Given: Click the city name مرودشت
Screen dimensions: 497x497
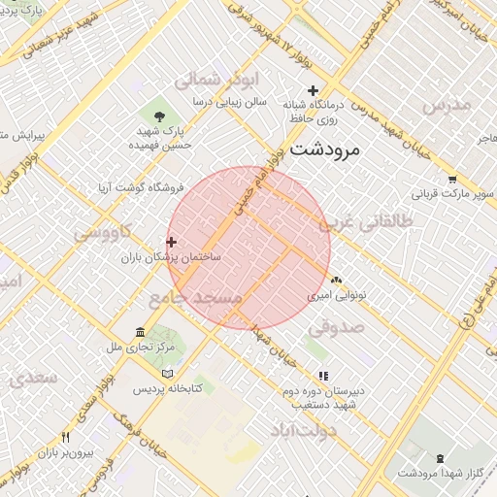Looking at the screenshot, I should pos(325,149).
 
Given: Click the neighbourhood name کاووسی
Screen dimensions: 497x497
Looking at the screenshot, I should pos(104,233).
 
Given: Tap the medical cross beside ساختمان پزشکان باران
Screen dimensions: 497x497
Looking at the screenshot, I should pos(172,242).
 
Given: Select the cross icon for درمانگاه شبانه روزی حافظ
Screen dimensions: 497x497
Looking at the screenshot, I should pos(313,90).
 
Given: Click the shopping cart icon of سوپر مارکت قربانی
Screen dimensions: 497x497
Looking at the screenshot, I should pos(452,179).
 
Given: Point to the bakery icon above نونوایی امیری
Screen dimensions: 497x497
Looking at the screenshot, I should pos(336,280).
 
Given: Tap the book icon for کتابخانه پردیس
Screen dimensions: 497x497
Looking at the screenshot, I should pos(168,374).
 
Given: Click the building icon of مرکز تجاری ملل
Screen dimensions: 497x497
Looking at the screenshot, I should pos(141,332).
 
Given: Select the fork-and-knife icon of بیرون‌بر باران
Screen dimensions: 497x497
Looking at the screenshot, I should pos(65,438).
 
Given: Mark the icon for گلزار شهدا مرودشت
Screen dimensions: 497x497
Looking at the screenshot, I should pos(441,458).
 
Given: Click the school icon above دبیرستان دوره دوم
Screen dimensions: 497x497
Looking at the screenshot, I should pos(323,376).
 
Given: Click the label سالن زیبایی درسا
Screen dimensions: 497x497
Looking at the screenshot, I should pos(229,101).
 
